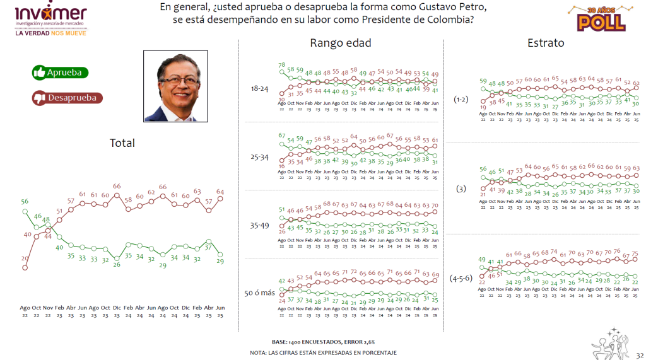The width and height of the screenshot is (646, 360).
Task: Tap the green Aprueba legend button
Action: point(61,73)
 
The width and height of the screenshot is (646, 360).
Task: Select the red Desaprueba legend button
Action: point(67,98)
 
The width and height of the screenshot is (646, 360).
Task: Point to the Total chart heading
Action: point(122,143)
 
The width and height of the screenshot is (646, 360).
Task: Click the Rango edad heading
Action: point(340,43)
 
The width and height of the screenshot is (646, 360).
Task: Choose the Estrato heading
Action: point(546,43)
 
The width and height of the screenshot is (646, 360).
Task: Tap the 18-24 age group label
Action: point(259,90)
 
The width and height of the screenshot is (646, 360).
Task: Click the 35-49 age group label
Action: point(259,223)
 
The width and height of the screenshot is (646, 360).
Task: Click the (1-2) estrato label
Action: point(461,99)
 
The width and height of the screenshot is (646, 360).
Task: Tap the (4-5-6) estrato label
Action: point(462,277)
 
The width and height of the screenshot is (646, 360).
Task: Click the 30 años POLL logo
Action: point(601,18)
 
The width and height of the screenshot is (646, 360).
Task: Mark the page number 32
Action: point(640,354)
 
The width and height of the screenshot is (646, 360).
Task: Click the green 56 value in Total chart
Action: point(25,202)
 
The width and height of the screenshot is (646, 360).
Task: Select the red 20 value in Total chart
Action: point(25,258)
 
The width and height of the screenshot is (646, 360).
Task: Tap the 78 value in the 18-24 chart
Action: point(282,65)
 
